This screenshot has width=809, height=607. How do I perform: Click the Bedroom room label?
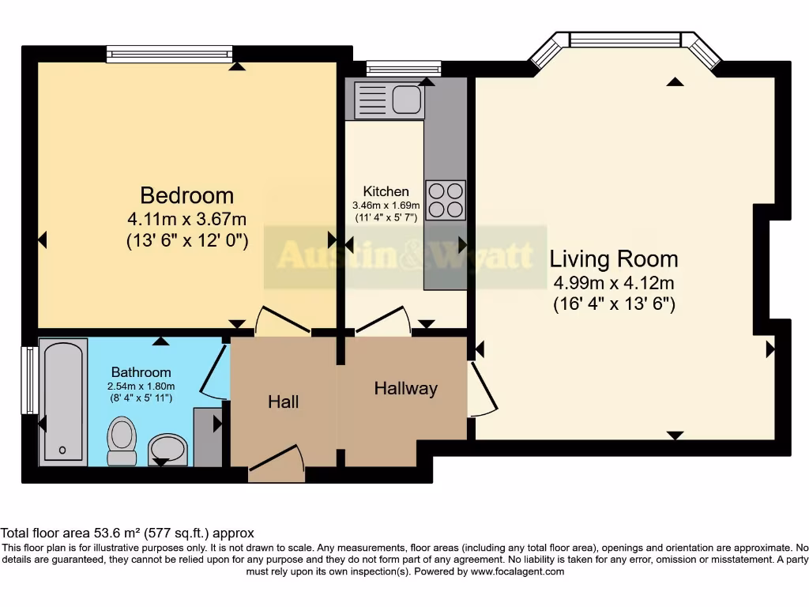pyautogui.click(x=186, y=195)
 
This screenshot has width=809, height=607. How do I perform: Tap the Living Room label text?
pyautogui.click(x=613, y=258)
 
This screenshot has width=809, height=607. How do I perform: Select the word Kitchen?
pyautogui.click(x=386, y=191)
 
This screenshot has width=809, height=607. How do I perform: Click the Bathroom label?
pyautogui.click(x=141, y=371)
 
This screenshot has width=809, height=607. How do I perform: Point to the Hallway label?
pyautogui.click(x=405, y=388)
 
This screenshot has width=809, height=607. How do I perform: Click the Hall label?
pyautogui.click(x=283, y=402)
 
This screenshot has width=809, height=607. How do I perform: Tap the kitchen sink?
pyautogui.click(x=389, y=100)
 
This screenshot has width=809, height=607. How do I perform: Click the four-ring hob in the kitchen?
pyautogui.click(x=446, y=200)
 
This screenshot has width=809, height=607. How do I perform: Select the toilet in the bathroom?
pyautogui.click(x=121, y=441)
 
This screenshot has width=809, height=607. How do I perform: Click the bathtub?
pyautogui.click(x=62, y=402)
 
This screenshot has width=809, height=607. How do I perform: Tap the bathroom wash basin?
pyautogui.click(x=167, y=450)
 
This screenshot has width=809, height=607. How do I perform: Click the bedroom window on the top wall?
pyautogui.click(x=170, y=54)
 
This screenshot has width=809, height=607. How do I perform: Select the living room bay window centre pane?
pyautogui.click(x=624, y=40)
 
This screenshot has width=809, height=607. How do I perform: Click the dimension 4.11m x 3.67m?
pyautogui.click(x=186, y=219)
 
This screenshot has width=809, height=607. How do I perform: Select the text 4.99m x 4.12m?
pyautogui.click(x=613, y=282)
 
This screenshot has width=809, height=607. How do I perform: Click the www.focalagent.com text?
pyautogui.click(x=517, y=571)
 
